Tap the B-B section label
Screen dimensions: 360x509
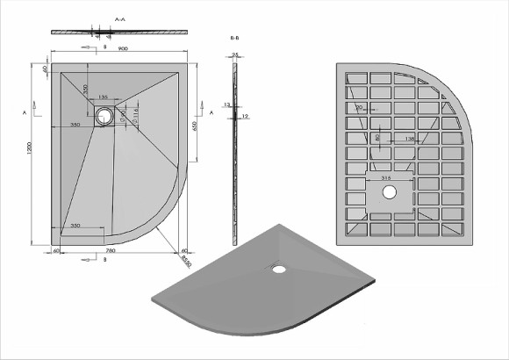tap(234, 40)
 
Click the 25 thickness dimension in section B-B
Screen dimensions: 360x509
tap(235, 54)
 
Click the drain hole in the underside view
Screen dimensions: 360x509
tap(389, 190)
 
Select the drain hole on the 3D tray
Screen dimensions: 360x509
tap(278, 270)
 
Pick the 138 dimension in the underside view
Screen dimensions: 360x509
tap(412, 138)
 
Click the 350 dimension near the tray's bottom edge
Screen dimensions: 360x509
tap(77, 226)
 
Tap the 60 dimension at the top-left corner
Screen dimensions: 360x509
tap(44, 69)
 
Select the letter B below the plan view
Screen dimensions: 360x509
tap(104, 261)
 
